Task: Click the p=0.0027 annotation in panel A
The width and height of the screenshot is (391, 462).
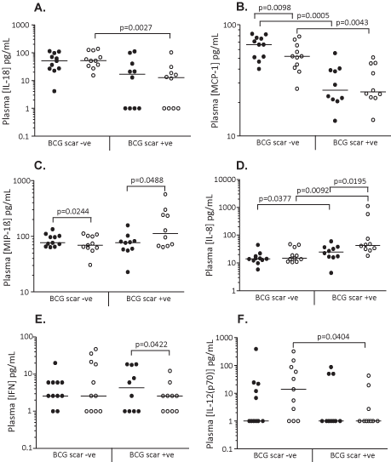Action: (x=135, y=28)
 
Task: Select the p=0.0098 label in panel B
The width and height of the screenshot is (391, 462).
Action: (x=275, y=8)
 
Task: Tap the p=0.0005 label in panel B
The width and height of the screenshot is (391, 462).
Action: (x=313, y=15)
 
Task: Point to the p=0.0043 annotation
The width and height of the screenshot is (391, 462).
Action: (x=352, y=22)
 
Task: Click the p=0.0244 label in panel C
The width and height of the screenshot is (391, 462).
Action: (x=72, y=212)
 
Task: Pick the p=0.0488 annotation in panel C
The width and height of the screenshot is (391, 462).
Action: (x=147, y=180)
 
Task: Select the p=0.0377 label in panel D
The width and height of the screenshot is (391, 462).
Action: (x=275, y=199)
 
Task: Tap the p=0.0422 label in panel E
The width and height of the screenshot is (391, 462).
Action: (x=151, y=344)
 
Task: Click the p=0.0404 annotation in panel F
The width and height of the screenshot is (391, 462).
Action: (x=333, y=336)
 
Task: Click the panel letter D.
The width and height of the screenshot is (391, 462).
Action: (x=242, y=166)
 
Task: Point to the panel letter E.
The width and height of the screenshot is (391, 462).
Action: (x=40, y=319)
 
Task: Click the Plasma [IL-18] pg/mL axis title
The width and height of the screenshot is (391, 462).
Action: (x=7, y=81)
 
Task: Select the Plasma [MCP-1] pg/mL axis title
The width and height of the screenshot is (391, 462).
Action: (x=215, y=81)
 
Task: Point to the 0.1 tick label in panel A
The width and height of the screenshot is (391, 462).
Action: (x=24, y=136)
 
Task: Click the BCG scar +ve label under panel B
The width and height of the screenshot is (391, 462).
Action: (x=355, y=143)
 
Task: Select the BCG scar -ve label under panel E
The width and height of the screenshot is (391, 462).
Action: (x=74, y=454)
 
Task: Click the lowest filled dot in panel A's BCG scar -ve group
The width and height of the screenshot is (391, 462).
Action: (x=55, y=91)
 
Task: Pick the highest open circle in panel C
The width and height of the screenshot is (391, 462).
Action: (x=165, y=194)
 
